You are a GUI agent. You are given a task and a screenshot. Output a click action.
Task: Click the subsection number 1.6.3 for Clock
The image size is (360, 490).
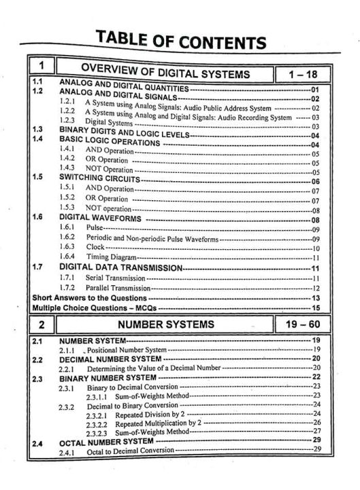(67, 248)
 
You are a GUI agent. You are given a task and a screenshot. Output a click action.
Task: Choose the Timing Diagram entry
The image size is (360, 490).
(111, 258)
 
